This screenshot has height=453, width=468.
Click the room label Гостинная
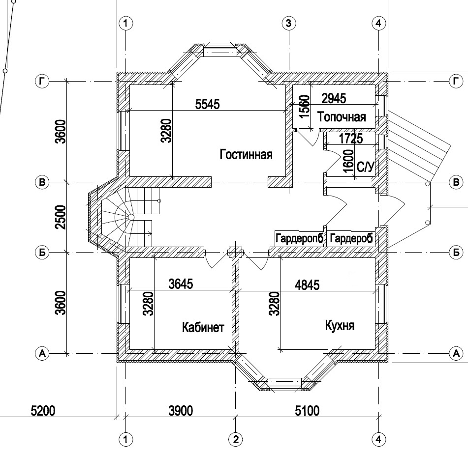click(x=246, y=155)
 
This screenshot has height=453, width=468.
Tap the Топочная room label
click(x=342, y=117)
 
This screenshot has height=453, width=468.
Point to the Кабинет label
click(x=203, y=328)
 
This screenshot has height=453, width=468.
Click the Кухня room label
click(x=340, y=325)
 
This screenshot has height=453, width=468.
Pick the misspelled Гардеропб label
click(x=299, y=238)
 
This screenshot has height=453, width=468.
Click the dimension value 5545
click(x=208, y=104)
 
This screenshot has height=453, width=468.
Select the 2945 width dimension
click(x=334, y=98)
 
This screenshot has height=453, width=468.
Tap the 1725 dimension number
click(x=351, y=139)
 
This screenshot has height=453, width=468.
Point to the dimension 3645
click(x=181, y=283)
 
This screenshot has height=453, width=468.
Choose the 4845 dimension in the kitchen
click(x=307, y=285)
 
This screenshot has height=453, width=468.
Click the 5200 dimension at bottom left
click(x=43, y=411)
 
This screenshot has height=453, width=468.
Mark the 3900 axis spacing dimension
click(x=181, y=411)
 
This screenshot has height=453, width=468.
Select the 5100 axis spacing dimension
click(x=307, y=411)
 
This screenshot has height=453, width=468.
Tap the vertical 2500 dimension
click(x=61, y=217)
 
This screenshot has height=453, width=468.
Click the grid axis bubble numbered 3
click(x=288, y=23)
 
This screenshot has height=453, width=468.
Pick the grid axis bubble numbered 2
click(x=236, y=439)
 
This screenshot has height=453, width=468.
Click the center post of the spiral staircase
click(x=131, y=217)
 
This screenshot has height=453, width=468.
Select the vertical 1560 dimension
click(x=305, y=107)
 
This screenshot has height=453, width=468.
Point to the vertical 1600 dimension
click(x=348, y=161)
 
